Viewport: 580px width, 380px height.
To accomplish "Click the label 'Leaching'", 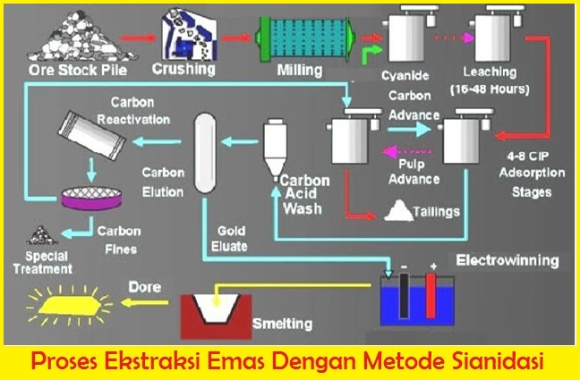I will [x=490, y=71].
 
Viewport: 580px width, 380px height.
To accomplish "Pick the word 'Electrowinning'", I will [x=507, y=261].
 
